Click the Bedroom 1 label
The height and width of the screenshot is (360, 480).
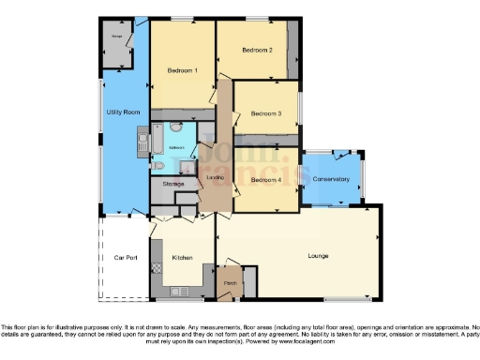(183, 70)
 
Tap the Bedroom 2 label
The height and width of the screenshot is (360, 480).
(257, 50)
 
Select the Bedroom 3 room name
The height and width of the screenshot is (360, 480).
(265, 114)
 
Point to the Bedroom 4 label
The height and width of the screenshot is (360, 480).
(266, 179)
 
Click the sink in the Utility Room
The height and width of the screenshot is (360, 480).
(143, 143)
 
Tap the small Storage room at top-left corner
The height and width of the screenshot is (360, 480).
(117, 45)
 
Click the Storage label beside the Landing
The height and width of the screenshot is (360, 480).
(172, 184)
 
